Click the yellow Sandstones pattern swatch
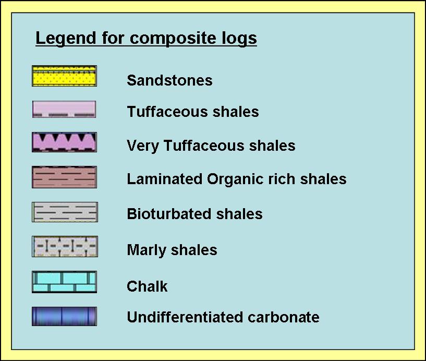pos(64,76)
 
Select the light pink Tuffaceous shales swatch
pos(64,109)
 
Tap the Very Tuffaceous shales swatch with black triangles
pos(64,142)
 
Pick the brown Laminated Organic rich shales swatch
pos(64,177)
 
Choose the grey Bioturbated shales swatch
pos(65,212)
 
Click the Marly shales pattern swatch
pos(65,247)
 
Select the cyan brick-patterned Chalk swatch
pos(64,282)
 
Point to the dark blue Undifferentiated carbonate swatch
pos(64,317)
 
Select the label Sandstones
pos(169,80)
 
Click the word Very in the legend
pos(143,146)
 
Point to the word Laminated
pos(165,179)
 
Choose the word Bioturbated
pos(169,214)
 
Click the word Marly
pos(147,250)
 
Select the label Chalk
pos(147,286)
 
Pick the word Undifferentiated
pos(185,317)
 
